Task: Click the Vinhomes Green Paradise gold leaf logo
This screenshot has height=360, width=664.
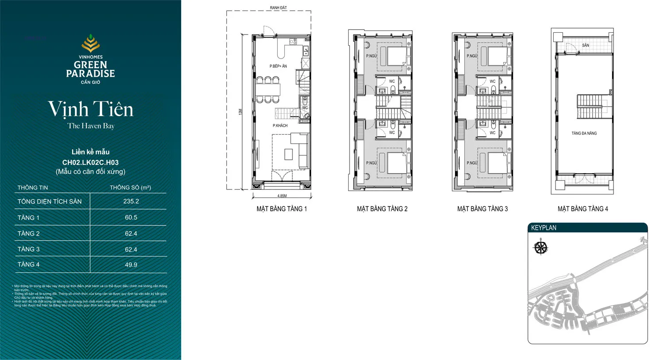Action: point(90,43)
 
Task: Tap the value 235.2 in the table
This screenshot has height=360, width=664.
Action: point(131,201)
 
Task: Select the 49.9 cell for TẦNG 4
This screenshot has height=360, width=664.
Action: point(131,265)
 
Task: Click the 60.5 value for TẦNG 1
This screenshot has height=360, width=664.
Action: point(131,217)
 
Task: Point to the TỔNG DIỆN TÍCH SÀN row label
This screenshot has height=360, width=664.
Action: point(50,201)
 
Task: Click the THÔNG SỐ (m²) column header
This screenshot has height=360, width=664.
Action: point(130,187)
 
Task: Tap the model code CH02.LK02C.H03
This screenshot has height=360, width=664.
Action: point(90,163)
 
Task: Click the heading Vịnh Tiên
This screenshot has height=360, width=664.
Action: point(90,109)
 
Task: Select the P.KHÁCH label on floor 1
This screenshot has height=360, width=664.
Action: point(280,126)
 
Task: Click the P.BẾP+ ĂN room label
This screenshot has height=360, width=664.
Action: point(278,66)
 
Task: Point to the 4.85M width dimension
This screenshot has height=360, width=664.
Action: point(282,196)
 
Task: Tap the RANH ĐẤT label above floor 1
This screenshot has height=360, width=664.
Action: point(278,8)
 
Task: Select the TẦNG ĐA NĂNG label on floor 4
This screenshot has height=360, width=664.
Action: point(584,133)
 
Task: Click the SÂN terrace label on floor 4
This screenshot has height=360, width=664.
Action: point(586,45)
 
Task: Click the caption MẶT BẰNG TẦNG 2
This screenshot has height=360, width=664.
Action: point(382,209)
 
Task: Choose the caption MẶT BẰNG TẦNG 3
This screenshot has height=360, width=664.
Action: point(482,209)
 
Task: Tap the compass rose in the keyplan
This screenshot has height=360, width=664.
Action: point(540,248)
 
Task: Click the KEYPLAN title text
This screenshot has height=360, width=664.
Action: point(544,228)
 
